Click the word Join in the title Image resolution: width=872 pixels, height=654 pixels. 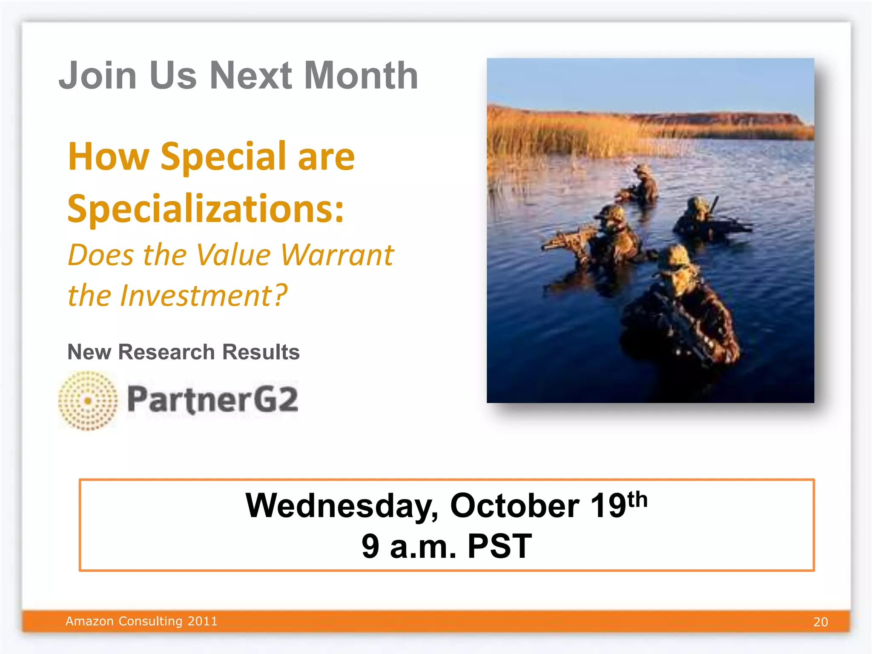98,76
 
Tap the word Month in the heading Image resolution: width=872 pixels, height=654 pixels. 361,76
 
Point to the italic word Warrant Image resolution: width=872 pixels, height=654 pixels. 337,255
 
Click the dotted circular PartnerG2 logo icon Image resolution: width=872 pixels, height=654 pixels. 88,400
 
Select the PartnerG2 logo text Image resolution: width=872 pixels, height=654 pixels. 213,399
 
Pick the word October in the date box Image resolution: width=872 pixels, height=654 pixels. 514,506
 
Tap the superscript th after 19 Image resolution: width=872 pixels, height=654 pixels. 637,499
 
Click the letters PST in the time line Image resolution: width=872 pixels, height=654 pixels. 500,546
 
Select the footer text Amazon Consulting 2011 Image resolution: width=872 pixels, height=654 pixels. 141,621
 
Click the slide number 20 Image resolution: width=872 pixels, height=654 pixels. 820,622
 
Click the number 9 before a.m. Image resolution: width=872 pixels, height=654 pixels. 370,546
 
